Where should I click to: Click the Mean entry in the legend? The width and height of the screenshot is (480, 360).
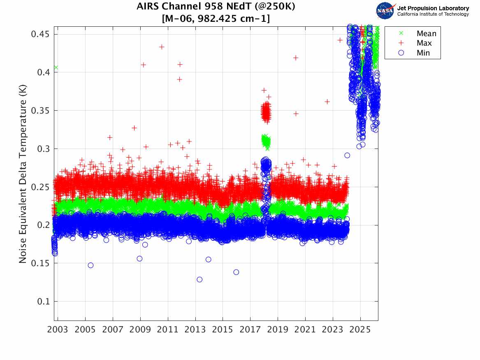(426, 34)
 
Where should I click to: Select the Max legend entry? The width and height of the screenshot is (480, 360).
(424, 43)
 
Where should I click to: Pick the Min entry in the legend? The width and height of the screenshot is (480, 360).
(423, 53)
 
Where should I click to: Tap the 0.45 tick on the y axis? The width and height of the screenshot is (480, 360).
(40, 34)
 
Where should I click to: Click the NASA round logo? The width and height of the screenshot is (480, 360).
(385, 11)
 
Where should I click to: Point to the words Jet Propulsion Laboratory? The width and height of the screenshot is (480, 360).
(433, 8)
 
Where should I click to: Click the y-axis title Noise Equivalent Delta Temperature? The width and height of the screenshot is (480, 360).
(23, 177)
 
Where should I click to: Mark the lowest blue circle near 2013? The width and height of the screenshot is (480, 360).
(199, 279)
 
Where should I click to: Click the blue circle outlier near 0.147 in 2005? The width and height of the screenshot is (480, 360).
(90, 265)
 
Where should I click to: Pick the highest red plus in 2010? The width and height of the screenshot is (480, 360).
(162, 47)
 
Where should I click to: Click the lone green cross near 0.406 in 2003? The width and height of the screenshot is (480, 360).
(56, 67)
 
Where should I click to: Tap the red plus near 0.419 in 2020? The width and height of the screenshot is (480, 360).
(295, 58)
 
